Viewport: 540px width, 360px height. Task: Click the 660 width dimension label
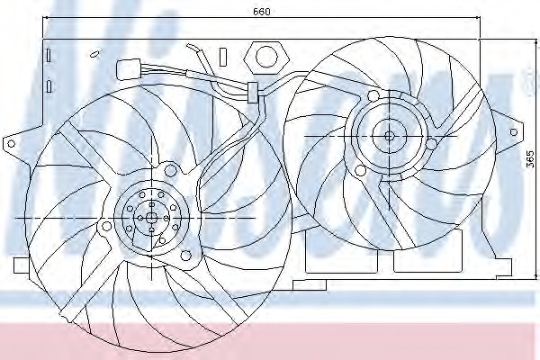(262, 12)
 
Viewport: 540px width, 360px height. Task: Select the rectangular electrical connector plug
(130, 67)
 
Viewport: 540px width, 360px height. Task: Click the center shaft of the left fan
(151, 218)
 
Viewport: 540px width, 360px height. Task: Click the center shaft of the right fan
(389, 136)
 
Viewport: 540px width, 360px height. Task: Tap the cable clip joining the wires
(253, 88)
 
